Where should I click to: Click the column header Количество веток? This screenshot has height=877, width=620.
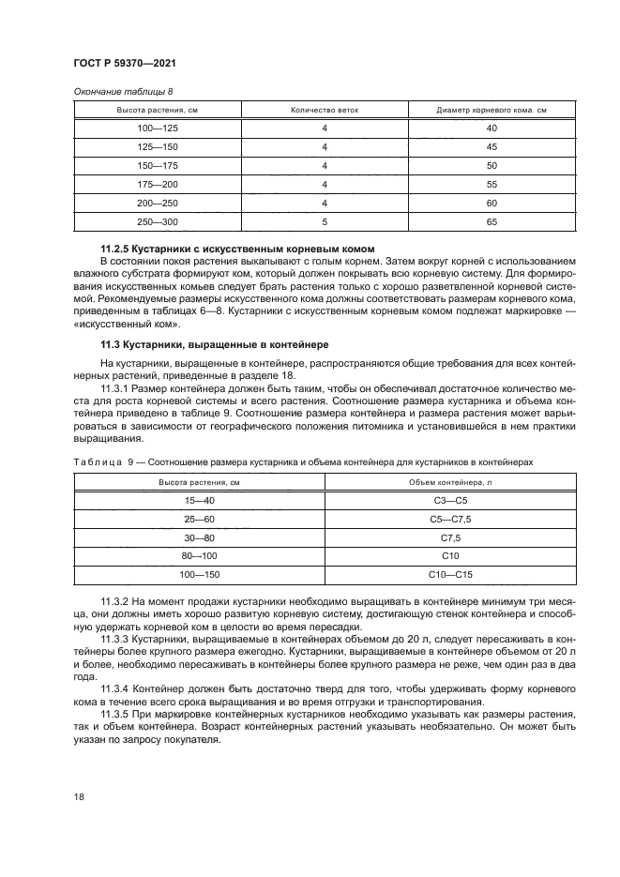pyautogui.click(x=324, y=110)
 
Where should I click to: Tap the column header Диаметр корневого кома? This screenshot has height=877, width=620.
pyautogui.click(x=491, y=110)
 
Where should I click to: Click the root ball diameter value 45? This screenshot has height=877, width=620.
pyautogui.click(x=491, y=146)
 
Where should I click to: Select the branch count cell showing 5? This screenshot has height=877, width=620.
pyautogui.click(x=324, y=221)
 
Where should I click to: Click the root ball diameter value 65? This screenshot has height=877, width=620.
pyautogui.click(x=491, y=221)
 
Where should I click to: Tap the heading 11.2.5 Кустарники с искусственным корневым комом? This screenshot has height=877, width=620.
pyautogui.click(x=237, y=249)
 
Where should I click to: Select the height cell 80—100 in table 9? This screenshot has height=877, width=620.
pyautogui.click(x=200, y=556)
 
